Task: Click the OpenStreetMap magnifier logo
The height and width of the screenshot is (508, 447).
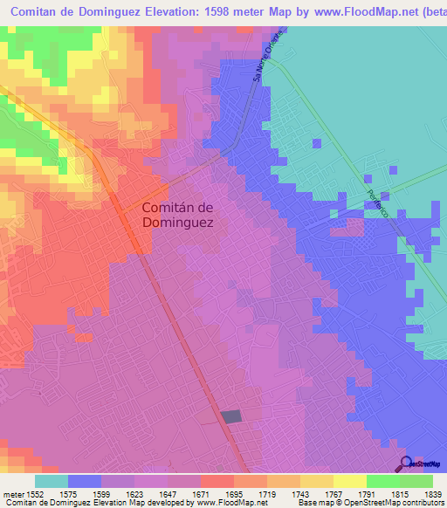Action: pos(406,463)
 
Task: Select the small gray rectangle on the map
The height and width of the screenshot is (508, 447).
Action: pos(231,417)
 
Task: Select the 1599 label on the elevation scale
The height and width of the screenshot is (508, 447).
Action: pos(101,493)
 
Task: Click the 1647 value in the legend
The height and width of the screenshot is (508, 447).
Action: pos(168,493)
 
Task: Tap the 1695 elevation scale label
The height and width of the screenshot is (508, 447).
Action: pos(234,493)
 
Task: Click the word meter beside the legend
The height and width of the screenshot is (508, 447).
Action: pos(10,493)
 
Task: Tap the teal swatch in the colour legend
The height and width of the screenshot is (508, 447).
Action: pos(52,481)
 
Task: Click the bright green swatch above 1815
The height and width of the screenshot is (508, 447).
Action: pos(383,481)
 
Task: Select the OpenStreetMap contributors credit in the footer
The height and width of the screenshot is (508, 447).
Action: pos(396,503)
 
